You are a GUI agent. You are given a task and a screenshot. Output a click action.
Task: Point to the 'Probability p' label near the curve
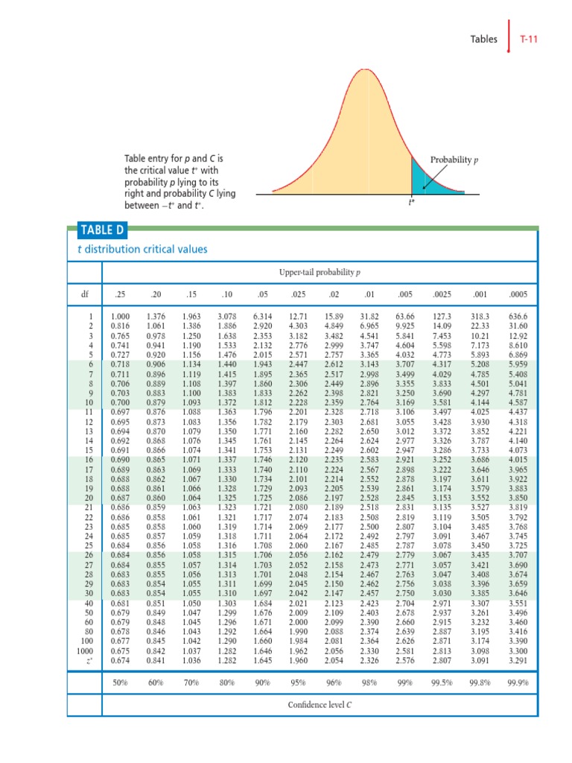click(455, 160)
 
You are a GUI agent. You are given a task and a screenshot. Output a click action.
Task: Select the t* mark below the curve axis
click(411, 202)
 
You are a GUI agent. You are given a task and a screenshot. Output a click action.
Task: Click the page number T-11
click(530, 38)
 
